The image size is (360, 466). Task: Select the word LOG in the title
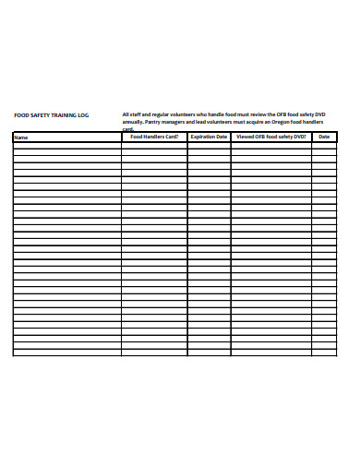(x=83, y=115)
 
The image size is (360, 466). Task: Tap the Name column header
(x=21, y=137)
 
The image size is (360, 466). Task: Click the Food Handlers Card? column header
(x=154, y=137)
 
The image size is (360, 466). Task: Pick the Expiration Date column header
(x=209, y=137)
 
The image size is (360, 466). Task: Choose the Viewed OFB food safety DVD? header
(x=270, y=137)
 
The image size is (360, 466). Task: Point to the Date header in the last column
(x=324, y=137)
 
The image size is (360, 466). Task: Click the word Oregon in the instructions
(x=273, y=122)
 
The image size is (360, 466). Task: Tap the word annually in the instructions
(x=133, y=122)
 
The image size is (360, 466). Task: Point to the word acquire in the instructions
(x=248, y=122)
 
